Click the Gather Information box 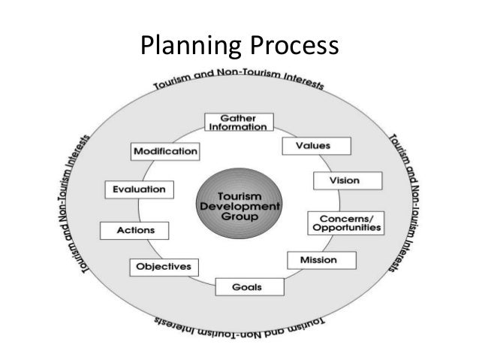point(239,122)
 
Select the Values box point(306,144)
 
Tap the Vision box point(346,180)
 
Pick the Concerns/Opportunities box point(345,222)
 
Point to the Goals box point(239,286)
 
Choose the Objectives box point(164,267)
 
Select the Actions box point(134,230)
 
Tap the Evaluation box point(140,189)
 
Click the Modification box point(165,151)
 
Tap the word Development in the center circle point(238,205)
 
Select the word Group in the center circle point(238,216)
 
